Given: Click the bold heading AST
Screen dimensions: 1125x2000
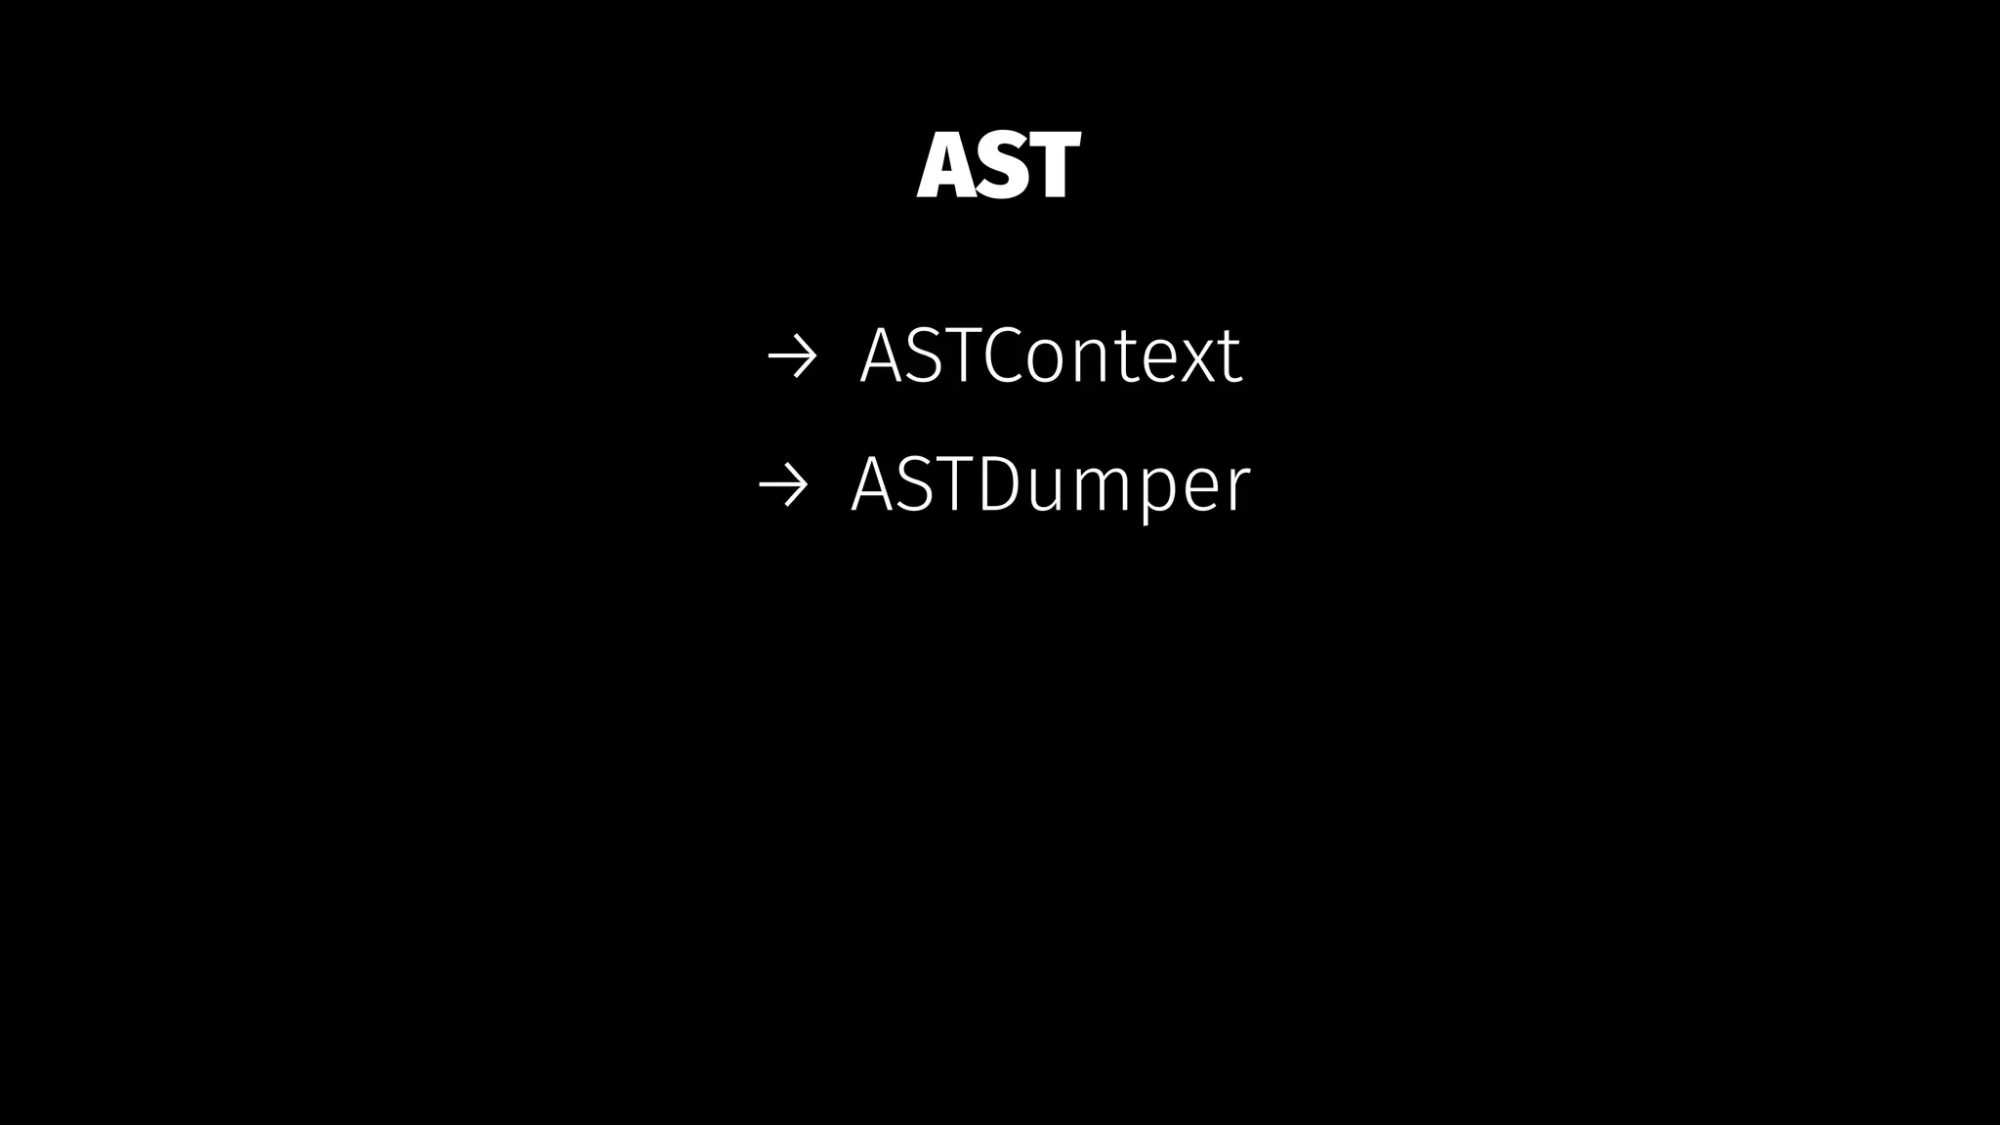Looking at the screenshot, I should point(998,166).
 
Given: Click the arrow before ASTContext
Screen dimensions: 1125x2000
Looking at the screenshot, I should point(791,357).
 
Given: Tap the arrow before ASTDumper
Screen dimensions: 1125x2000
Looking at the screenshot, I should point(782,485).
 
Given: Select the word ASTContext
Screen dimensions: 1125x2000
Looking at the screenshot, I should point(1050,355).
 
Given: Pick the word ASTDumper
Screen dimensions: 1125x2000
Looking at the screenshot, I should point(1050,485).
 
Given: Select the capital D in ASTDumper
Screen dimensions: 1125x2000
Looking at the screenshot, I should point(998,484).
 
